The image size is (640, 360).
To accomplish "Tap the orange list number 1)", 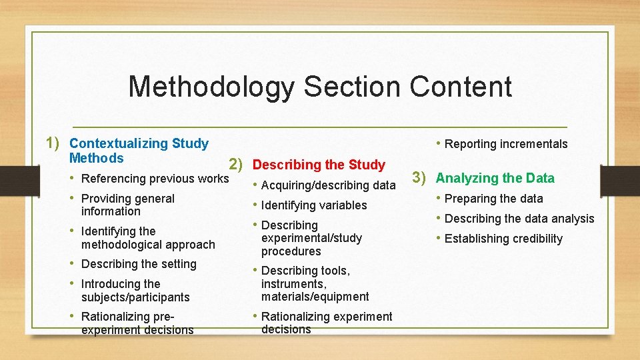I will point(54,143).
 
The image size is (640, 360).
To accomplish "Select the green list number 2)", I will point(239,164).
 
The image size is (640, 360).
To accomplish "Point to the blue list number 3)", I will point(421,177).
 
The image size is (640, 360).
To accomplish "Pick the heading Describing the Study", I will point(319,165).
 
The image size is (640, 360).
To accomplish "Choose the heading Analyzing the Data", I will point(495,178).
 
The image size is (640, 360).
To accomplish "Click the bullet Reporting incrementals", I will point(506,144).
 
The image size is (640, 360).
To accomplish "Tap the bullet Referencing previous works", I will point(155,178).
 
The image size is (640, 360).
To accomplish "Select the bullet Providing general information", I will point(127,205).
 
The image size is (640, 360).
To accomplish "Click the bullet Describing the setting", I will point(139,264).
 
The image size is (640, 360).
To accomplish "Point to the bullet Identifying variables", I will point(314,205).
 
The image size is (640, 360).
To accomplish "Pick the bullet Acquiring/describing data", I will point(328,185).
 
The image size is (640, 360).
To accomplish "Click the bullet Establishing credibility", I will point(503,239).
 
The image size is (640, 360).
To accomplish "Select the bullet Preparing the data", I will point(493,199).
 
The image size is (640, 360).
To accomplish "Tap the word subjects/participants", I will point(135,297).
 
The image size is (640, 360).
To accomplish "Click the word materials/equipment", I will point(315,297).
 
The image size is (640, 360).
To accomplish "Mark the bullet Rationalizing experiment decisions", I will point(327,323).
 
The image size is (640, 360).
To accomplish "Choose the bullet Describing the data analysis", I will point(519,219).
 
